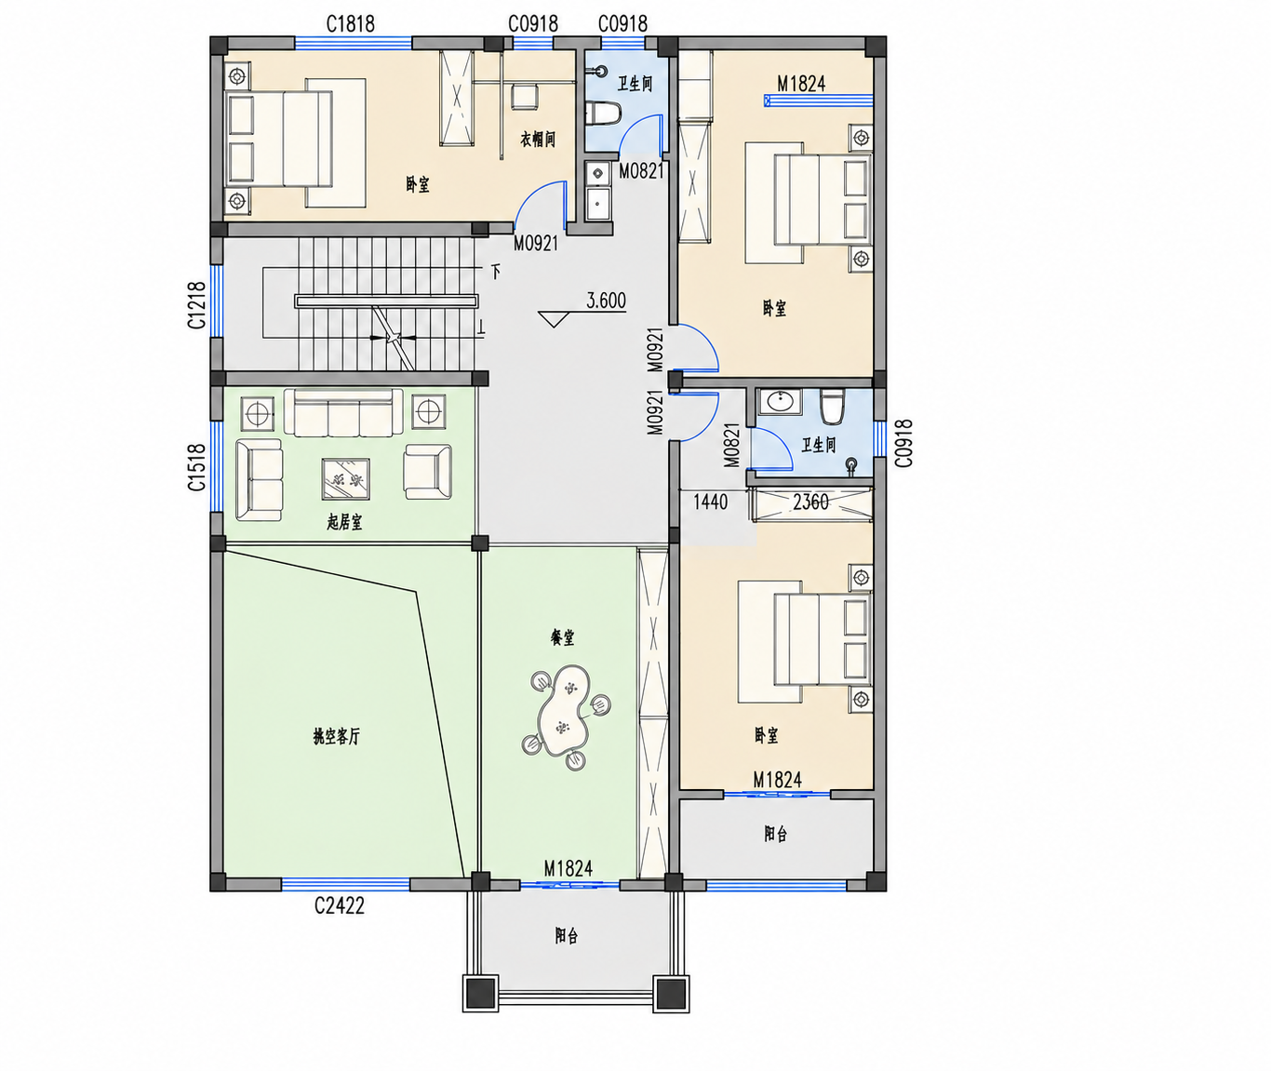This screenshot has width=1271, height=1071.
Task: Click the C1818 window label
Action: (x=350, y=24)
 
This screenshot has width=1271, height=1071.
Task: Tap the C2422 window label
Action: (x=339, y=906)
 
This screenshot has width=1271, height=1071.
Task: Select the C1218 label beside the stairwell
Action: (x=196, y=304)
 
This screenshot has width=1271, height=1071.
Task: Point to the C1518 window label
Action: (x=196, y=467)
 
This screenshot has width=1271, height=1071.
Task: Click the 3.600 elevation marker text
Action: (x=606, y=301)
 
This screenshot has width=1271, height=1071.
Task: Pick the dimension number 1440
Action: (x=710, y=502)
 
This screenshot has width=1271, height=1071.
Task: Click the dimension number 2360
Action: (x=810, y=502)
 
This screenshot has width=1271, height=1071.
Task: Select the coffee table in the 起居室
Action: (x=346, y=478)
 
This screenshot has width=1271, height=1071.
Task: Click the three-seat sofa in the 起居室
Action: (x=343, y=413)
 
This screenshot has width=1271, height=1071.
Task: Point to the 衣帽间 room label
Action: (x=538, y=140)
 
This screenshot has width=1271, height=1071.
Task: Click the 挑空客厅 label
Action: (x=337, y=737)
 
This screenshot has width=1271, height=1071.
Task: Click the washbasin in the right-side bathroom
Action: (x=780, y=402)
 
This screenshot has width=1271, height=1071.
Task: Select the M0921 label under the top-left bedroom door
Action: (x=536, y=244)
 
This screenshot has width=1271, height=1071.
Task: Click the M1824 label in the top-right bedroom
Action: (x=801, y=84)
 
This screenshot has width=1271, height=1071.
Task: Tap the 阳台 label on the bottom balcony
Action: (x=567, y=935)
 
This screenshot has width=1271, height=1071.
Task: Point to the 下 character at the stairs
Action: (x=496, y=271)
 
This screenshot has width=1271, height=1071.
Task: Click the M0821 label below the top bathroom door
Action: (x=641, y=171)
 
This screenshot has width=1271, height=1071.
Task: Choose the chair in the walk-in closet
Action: (x=525, y=97)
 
